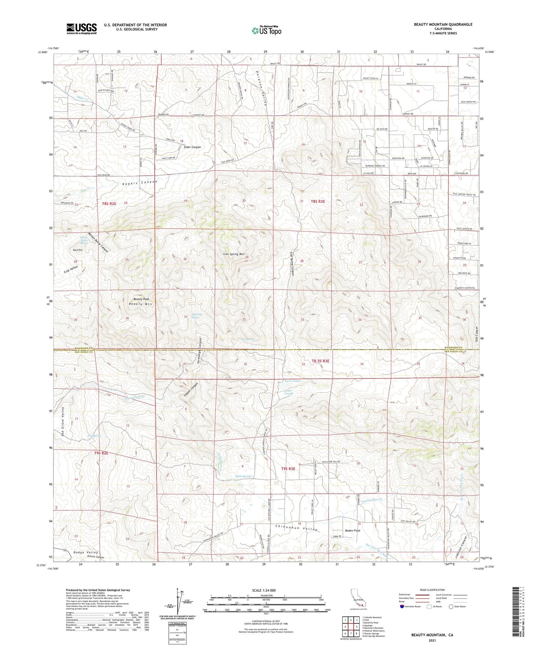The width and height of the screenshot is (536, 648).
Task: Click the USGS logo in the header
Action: pos(81,29)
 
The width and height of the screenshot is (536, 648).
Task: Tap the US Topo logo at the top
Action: pos(267,31)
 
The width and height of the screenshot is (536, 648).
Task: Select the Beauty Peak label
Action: pos(142,299)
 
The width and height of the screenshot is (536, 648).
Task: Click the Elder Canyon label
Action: pos(192,147)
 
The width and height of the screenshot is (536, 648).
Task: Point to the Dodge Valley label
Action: pos(85,552)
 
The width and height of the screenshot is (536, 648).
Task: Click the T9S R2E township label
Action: pos(101,453)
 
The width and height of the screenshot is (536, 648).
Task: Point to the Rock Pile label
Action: pos(78,250)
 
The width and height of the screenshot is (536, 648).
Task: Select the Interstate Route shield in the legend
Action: pos(402,606)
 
